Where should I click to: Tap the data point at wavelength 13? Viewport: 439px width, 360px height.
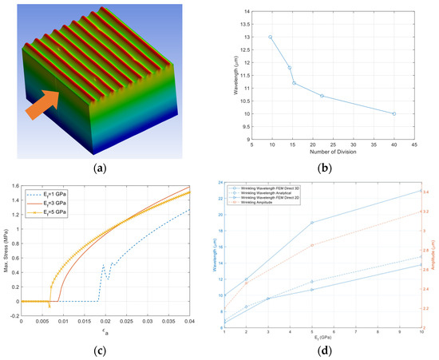(271, 37)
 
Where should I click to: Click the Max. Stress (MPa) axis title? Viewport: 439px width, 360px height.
(6, 255)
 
